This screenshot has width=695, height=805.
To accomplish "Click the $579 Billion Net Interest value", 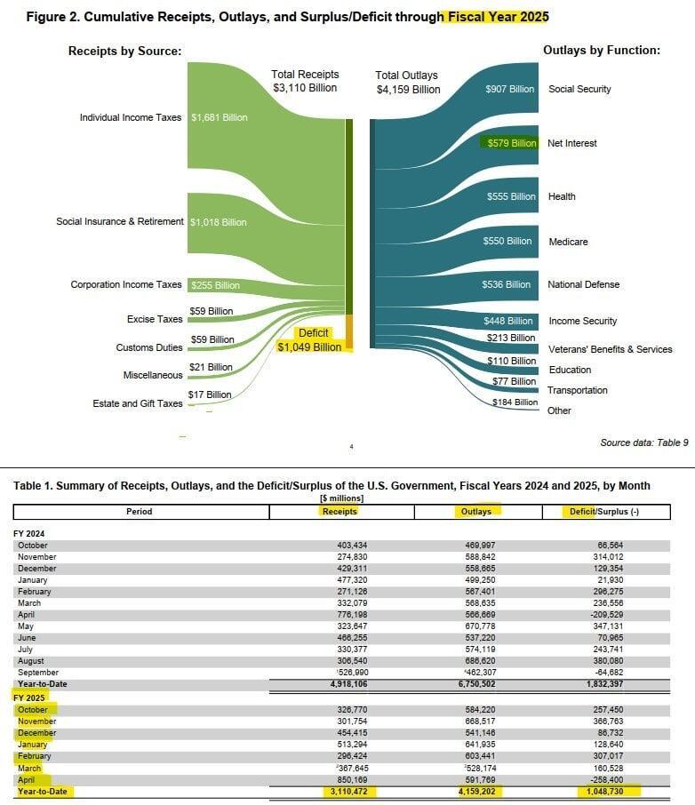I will [x=511, y=143].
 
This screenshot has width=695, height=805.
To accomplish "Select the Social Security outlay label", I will [x=579, y=89].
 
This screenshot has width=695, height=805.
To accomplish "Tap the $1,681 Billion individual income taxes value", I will [x=219, y=117].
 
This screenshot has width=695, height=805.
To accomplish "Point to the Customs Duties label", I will [x=149, y=347].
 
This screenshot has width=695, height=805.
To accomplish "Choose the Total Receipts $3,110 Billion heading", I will [x=305, y=81].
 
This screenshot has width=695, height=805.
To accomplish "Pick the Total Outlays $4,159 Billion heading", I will [x=408, y=83].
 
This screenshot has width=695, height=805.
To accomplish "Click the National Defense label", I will [x=584, y=284].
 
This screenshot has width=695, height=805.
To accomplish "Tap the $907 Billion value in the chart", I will [x=510, y=89].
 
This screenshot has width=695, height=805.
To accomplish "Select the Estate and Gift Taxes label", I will [x=138, y=403].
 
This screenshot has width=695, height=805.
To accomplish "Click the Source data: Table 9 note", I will [x=644, y=442].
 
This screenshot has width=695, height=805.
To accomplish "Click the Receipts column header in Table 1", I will [x=340, y=511].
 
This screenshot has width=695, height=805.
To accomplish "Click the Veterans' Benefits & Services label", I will [x=611, y=349].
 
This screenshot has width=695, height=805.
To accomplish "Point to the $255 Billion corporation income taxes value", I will [x=215, y=285].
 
